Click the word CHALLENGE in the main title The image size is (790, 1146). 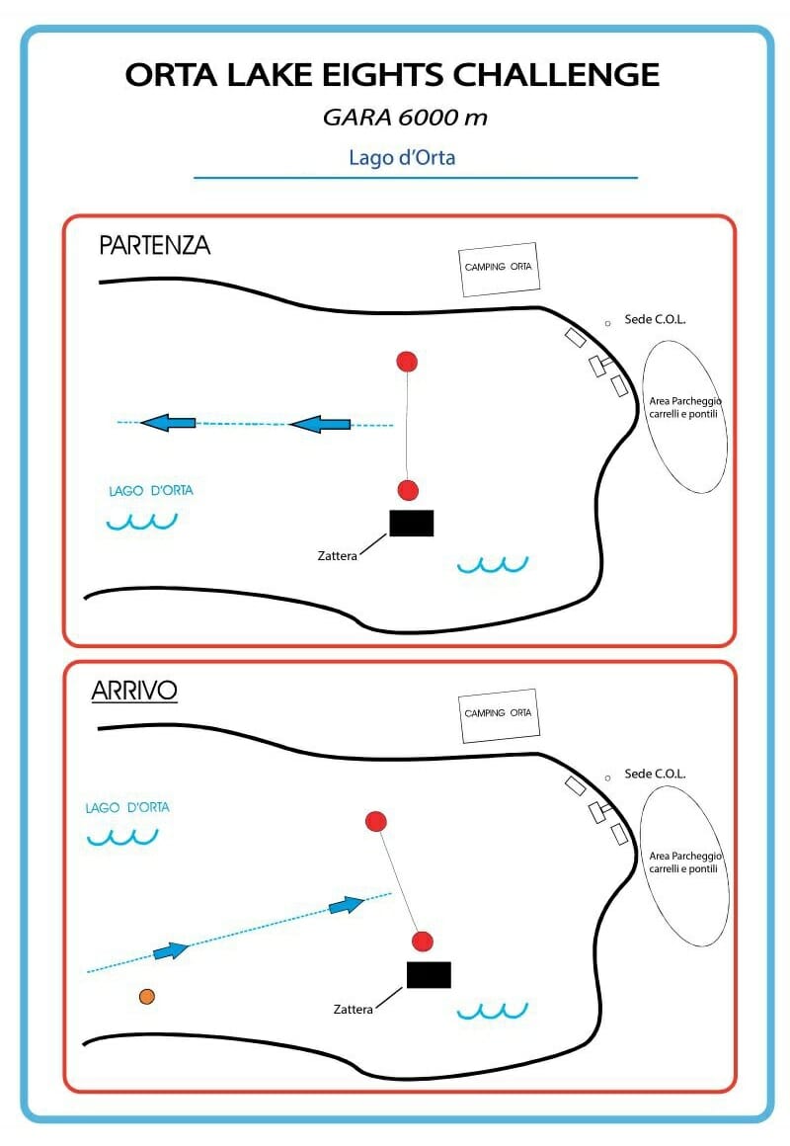[x=556, y=74]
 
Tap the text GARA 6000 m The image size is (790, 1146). [x=405, y=117]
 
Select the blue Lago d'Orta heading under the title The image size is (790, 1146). [x=402, y=157]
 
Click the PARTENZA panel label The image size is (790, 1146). [x=154, y=245]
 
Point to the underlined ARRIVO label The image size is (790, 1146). [x=134, y=691]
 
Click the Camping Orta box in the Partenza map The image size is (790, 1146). [x=499, y=269]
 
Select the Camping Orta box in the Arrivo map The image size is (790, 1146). [x=499, y=715]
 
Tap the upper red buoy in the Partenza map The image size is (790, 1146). [x=407, y=361]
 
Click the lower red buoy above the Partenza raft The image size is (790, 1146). [x=408, y=490]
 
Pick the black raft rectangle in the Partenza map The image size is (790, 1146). [x=412, y=523]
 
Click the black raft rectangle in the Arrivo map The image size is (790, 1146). [x=429, y=975]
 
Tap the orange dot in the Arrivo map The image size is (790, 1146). [x=147, y=996]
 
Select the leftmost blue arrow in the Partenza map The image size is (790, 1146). [x=167, y=423]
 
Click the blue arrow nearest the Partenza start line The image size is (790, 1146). [x=319, y=424]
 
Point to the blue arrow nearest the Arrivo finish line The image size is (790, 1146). [x=347, y=906]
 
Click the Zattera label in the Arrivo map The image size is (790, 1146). [x=353, y=1010]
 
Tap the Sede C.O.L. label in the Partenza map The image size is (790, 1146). [x=655, y=319]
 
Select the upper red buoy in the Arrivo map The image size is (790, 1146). [x=375, y=822]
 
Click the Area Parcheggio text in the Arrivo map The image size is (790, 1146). [x=684, y=856]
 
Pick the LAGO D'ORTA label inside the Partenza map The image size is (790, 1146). [x=151, y=490]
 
